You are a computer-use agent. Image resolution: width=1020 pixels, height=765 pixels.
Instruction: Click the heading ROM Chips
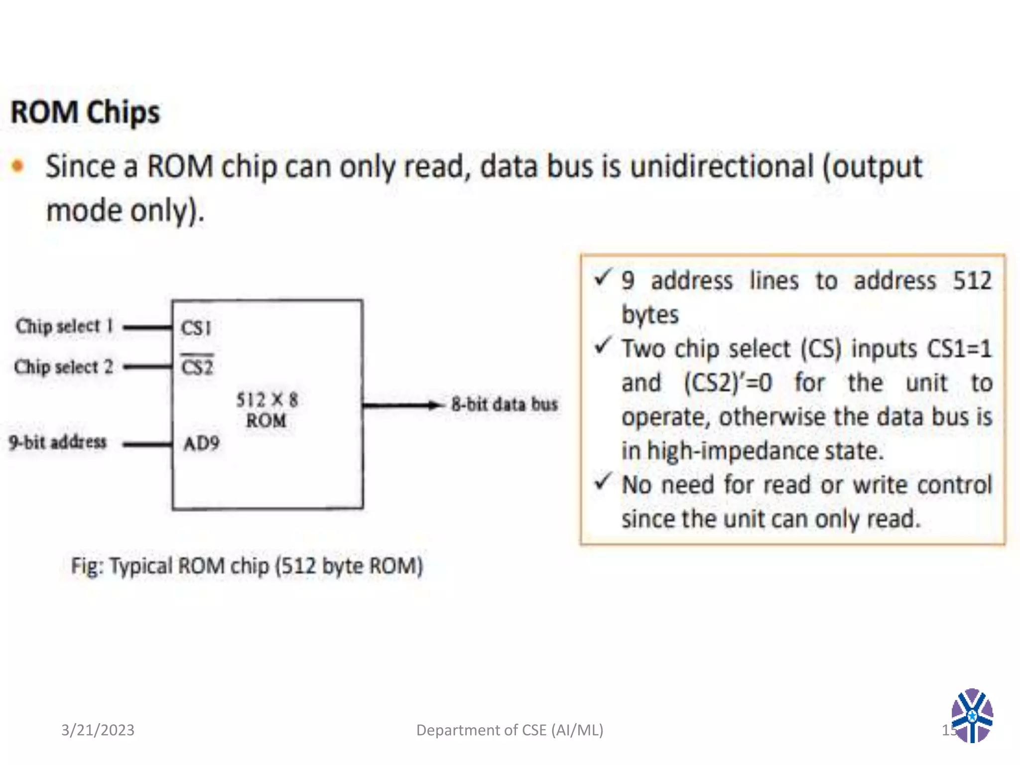pyautogui.click(x=85, y=112)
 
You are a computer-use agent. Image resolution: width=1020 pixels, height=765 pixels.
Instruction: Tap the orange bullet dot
pyautogui.click(x=18, y=166)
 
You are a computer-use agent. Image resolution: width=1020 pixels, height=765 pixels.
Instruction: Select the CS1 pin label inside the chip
pyautogui.click(x=196, y=328)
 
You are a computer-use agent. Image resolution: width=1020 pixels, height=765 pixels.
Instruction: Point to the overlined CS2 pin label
pyautogui.click(x=197, y=367)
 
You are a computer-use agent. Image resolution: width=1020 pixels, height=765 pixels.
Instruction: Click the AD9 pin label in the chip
pyautogui.click(x=201, y=443)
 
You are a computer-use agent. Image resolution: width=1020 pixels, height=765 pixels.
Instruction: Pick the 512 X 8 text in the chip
pyautogui.click(x=267, y=400)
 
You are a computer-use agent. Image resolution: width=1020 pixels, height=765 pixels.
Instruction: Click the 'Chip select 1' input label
pyautogui.click(x=64, y=326)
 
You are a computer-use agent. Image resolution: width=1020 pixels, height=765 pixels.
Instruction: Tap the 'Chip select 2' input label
pyautogui.click(x=63, y=367)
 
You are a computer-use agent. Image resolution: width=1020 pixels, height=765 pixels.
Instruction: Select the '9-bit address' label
pyautogui.click(x=58, y=442)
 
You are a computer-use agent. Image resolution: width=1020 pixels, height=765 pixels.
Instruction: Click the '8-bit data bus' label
pyautogui.click(x=505, y=404)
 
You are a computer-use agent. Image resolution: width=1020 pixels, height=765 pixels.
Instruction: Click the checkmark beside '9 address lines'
pyautogui.click(x=603, y=277)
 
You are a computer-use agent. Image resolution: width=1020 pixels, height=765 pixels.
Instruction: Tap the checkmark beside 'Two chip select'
pyautogui.click(x=603, y=345)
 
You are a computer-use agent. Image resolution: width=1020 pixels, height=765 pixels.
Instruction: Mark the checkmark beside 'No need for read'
pyautogui.click(x=603, y=481)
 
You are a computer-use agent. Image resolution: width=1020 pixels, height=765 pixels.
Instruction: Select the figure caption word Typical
pyautogui.click(x=141, y=566)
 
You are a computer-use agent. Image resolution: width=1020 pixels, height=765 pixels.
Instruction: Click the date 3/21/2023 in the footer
pyautogui.click(x=98, y=730)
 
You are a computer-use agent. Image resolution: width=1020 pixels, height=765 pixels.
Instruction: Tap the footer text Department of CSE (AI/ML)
pyautogui.click(x=510, y=730)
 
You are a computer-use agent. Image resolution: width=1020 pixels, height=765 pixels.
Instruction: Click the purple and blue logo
pyautogui.click(x=972, y=716)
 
